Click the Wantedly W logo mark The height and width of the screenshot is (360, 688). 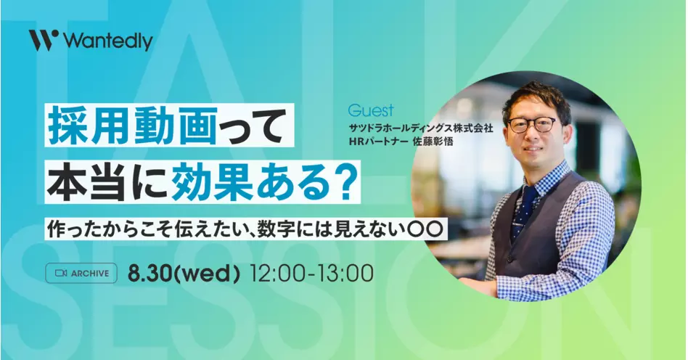(x=44, y=40)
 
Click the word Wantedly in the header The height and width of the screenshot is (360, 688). (x=108, y=41)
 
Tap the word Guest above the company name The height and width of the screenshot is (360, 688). (x=371, y=110)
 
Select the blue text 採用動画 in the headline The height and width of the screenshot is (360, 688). (x=133, y=126)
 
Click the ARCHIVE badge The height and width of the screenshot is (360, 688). (x=81, y=273)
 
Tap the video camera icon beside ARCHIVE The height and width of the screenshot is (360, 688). (x=60, y=273)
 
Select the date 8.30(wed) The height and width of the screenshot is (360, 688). (x=184, y=274)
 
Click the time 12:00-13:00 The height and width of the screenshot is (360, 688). (x=311, y=274)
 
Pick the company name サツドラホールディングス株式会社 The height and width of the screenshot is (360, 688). (x=421, y=128)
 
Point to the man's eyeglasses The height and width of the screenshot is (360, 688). (x=531, y=125)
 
